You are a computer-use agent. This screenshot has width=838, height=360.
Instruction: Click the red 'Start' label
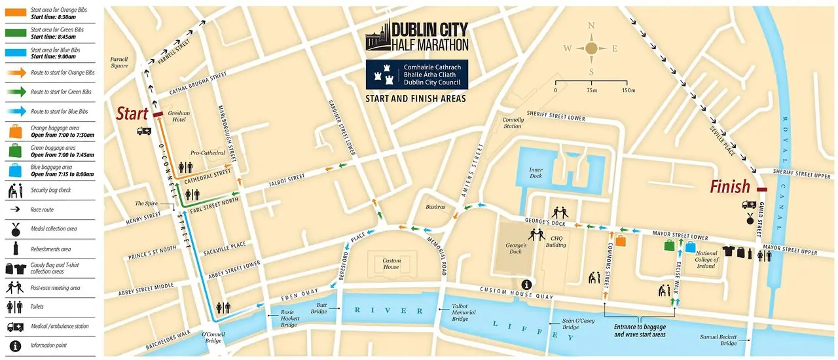click(132, 113)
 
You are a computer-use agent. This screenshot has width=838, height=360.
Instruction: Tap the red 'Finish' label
click(730, 188)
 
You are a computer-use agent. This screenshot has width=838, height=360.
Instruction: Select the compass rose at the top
click(591, 48)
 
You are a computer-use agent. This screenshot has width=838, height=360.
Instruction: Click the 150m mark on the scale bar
click(628, 90)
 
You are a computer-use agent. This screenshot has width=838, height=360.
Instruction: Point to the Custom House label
click(392, 263)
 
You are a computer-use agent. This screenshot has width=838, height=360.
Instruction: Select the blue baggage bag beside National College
click(690, 247)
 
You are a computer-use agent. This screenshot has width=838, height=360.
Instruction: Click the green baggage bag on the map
click(670, 247)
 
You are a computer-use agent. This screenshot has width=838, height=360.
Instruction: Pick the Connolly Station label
click(513, 123)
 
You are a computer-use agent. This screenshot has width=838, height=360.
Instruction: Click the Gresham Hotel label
click(179, 117)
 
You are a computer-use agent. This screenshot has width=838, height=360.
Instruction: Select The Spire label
click(149, 204)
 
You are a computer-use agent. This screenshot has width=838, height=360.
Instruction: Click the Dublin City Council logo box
click(417, 75)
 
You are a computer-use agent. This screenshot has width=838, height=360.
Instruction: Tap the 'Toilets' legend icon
click(14, 307)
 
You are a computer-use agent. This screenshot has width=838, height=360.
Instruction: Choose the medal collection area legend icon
click(14, 230)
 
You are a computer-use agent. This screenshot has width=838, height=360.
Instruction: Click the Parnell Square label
click(120, 62)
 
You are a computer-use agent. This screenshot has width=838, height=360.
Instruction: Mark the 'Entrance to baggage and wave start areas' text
click(640, 331)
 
